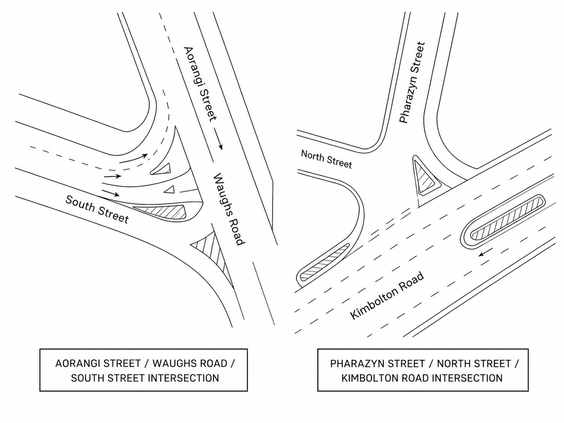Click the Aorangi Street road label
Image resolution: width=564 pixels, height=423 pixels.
click(200, 83)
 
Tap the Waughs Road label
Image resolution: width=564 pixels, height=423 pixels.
click(228, 209)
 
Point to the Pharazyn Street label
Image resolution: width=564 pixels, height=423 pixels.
click(412, 83)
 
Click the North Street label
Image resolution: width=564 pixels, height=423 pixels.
click(326, 159)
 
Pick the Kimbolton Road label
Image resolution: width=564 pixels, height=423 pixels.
click(387, 296)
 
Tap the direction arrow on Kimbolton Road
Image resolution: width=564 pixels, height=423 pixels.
click(486, 252)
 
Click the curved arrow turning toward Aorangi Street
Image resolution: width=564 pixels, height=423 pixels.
click(133, 158)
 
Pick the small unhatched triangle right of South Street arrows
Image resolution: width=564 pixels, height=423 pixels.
click(169, 190)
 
